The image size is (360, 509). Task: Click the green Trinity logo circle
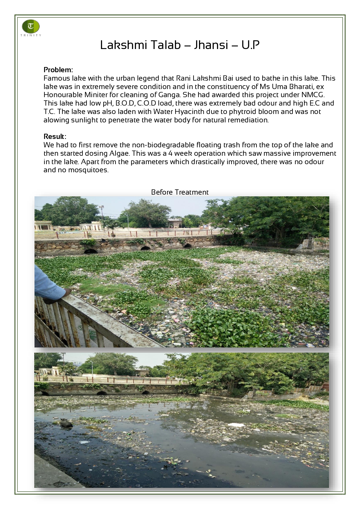pyautogui.click(x=31, y=26)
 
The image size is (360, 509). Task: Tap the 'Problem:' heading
pyautogui.click(x=58, y=70)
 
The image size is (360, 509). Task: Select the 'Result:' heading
pyautogui.click(x=55, y=137)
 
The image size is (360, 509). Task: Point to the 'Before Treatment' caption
pyautogui.click(x=180, y=192)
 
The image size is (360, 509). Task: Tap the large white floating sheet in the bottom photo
pyautogui.click(x=236, y=425)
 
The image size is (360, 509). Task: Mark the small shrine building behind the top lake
pyautogui.click(x=175, y=223)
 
